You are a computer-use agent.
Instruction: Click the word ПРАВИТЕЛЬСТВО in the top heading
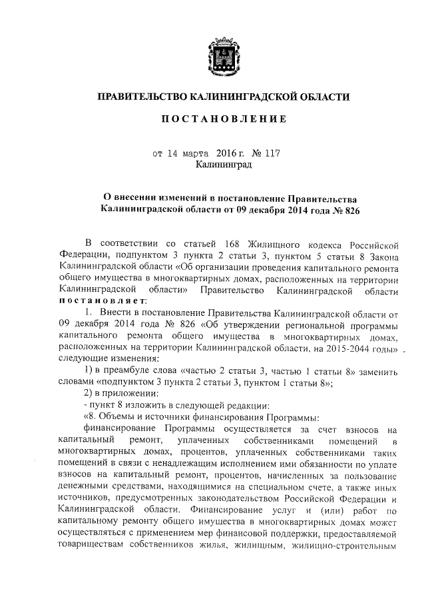(141, 97)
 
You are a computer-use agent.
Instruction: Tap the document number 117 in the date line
(272, 152)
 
